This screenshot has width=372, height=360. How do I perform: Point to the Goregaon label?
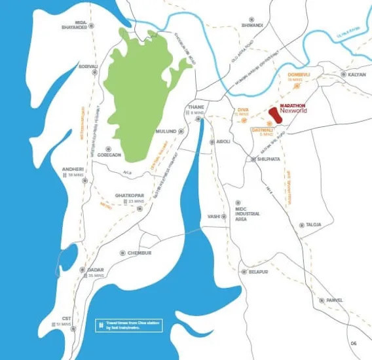click(x=109, y=154)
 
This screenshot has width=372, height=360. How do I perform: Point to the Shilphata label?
click(x=269, y=158)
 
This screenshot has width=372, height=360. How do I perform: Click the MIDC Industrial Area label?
click(x=248, y=213)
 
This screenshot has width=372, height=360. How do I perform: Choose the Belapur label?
click(x=257, y=272)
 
